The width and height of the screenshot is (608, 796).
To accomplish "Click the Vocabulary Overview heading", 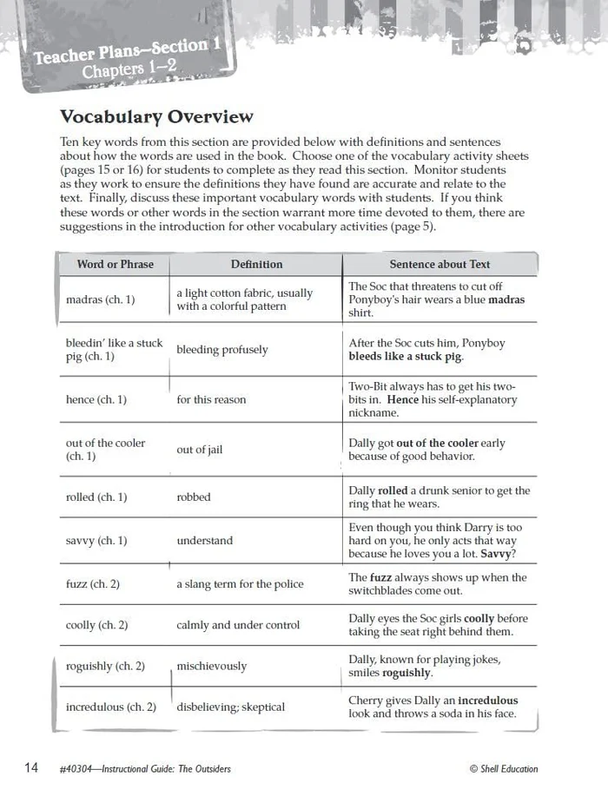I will point(156,116).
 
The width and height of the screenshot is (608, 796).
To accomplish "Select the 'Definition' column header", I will point(256,264).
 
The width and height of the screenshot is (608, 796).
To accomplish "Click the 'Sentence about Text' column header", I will point(439,264).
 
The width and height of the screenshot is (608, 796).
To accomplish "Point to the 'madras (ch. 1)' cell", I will point(101,299).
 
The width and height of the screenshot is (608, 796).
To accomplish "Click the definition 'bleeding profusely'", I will point(222,350).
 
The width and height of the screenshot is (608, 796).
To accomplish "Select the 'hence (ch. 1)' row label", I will point(96,399).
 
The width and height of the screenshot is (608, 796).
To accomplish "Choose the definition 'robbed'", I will point(194,497).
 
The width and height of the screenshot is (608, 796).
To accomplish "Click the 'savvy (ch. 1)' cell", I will point(96,540).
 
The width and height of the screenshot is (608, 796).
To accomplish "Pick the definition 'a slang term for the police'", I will point(240,584).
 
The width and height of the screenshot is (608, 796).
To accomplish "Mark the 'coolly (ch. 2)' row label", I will point(97,625).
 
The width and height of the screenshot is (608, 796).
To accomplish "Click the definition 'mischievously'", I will point(212,666).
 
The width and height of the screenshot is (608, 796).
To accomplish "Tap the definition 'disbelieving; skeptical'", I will point(231,707).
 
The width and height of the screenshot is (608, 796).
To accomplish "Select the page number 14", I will point(31,767).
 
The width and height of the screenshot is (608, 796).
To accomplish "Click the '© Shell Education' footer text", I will point(503,768).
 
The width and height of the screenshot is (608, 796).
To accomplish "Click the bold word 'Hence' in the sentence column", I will point(402,399).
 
